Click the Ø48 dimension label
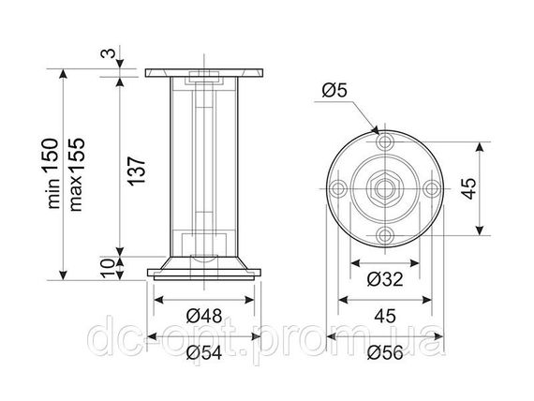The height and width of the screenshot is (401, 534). pos(204,316)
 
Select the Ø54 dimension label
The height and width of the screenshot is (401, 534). pos(204,352)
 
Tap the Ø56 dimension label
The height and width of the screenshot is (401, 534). pos(385,352)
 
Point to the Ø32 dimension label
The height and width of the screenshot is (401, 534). pos(385,279)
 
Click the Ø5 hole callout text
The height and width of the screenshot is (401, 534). pos(334,91)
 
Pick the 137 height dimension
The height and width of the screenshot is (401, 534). pos(137,171)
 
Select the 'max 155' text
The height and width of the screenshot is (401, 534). pos(76,174)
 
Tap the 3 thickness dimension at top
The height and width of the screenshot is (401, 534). pos(109,53)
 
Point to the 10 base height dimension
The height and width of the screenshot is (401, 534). pos(109,268)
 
